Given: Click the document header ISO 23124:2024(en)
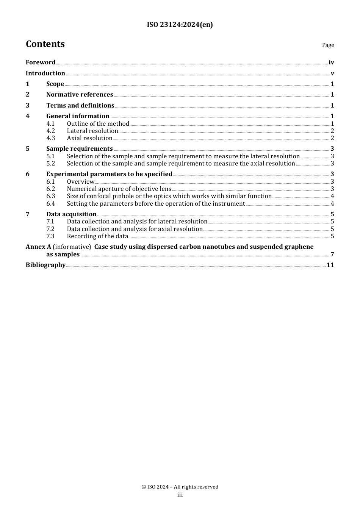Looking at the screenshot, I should [x=180, y=25].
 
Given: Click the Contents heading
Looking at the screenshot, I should [x=45, y=44].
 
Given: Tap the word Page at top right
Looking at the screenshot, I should [x=328, y=45].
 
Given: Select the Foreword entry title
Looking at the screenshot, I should [x=41, y=62].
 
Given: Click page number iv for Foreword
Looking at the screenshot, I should [x=331, y=62].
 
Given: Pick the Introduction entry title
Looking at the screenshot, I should [x=45, y=73].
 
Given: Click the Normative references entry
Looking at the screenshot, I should [x=80, y=95].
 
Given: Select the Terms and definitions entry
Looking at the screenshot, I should [x=80, y=106].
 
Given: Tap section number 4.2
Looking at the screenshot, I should [x=50, y=131].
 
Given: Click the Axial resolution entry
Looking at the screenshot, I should [x=89, y=138].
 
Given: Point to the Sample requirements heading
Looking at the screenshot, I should [x=80, y=149].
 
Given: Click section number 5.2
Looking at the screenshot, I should [x=50, y=164].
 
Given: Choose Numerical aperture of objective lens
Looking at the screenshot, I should [x=119, y=189].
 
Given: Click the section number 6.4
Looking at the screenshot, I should [x=50, y=204].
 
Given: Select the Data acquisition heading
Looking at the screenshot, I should [x=71, y=214].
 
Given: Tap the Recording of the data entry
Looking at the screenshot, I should [x=97, y=236].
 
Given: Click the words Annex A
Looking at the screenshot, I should [x=38, y=247].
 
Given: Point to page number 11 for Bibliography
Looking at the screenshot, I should [x=330, y=265].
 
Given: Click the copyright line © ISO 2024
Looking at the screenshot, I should [x=180, y=487].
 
